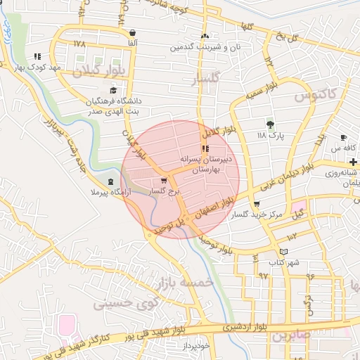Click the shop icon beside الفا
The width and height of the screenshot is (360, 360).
132,32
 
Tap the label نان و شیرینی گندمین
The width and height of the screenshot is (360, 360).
205,47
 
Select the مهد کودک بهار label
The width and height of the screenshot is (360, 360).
37,67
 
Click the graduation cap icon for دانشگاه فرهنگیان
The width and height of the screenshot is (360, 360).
112,90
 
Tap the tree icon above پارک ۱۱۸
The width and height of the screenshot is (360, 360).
269,124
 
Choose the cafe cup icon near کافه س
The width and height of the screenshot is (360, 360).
343,137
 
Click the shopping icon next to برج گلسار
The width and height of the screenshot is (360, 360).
164,180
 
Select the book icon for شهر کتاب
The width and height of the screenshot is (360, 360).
283,252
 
